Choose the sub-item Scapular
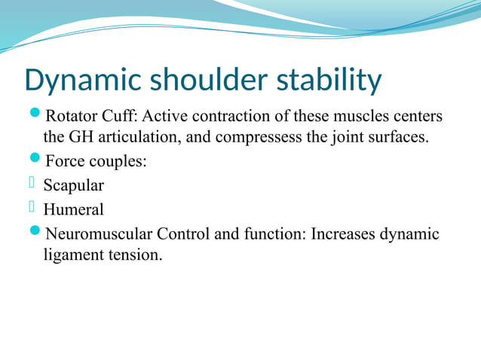[x=74, y=185]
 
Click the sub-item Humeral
[x=73, y=209]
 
